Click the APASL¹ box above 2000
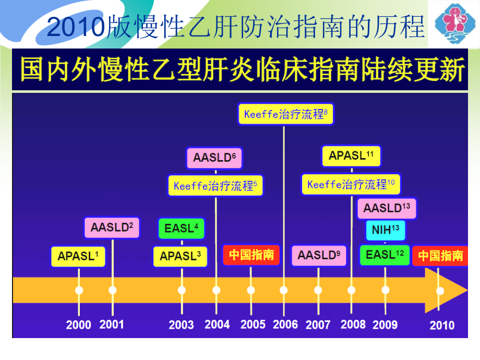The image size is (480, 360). pos(78,257)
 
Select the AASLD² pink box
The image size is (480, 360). pos(112,227)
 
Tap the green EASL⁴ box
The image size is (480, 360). pos(181,229)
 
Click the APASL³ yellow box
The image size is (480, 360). pos(181,257)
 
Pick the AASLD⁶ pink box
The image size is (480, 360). pos(214,158)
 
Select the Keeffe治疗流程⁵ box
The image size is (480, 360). pos(215,186)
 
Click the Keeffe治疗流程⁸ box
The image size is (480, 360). pos(285,114)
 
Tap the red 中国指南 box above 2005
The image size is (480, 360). pos(251,255)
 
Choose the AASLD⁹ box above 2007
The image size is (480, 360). pos(319,255)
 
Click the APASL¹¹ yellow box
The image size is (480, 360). pos(351,156)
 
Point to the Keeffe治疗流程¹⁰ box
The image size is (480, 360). pos(351,185)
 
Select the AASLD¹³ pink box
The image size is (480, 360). pos(387,208)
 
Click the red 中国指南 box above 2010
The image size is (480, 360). pos(440,256)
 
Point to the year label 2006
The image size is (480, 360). pos(285,325)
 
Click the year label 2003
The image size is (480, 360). pos(181,325)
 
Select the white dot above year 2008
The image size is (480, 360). pos(351,290)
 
